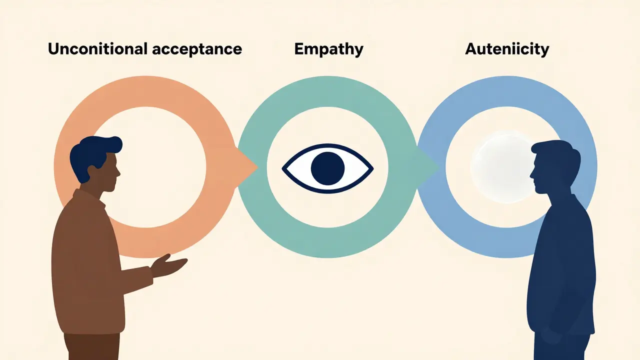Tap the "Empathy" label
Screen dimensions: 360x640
coord(328,49)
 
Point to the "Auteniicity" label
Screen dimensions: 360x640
coord(507,49)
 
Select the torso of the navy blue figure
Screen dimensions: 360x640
coord(560,260)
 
